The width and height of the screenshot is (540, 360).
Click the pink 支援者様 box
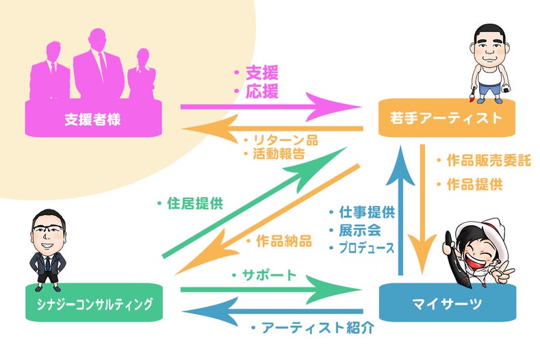(93, 118)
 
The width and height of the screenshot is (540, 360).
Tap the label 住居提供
(194, 203)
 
